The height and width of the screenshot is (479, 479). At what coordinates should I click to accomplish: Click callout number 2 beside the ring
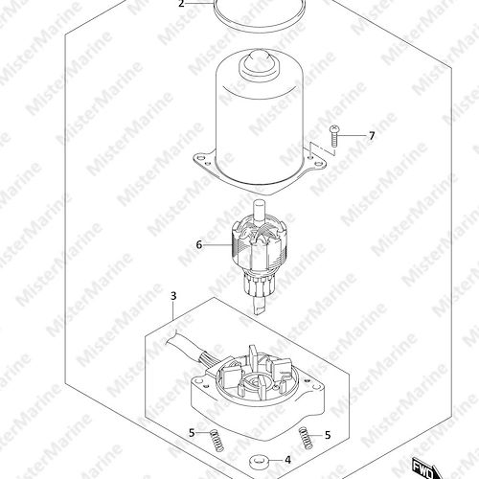click(x=181, y=4)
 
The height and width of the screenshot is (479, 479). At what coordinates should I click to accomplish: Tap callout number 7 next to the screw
click(x=372, y=136)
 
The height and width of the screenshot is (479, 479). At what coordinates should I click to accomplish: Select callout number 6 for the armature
click(x=199, y=245)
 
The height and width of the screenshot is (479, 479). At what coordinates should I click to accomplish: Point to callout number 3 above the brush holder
click(x=173, y=296)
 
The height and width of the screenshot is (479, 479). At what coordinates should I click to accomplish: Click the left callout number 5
click(x=192, y=433)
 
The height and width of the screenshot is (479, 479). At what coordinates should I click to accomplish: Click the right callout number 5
click(x=328, y=435)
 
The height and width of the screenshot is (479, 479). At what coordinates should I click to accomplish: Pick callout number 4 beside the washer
click(x=287, y=460)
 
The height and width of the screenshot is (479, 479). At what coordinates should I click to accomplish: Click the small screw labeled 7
click(x=333, y=136)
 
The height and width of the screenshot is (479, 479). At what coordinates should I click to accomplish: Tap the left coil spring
click(x=217, y=440)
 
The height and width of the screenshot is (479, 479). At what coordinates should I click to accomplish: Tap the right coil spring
click(x=306, y=438)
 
